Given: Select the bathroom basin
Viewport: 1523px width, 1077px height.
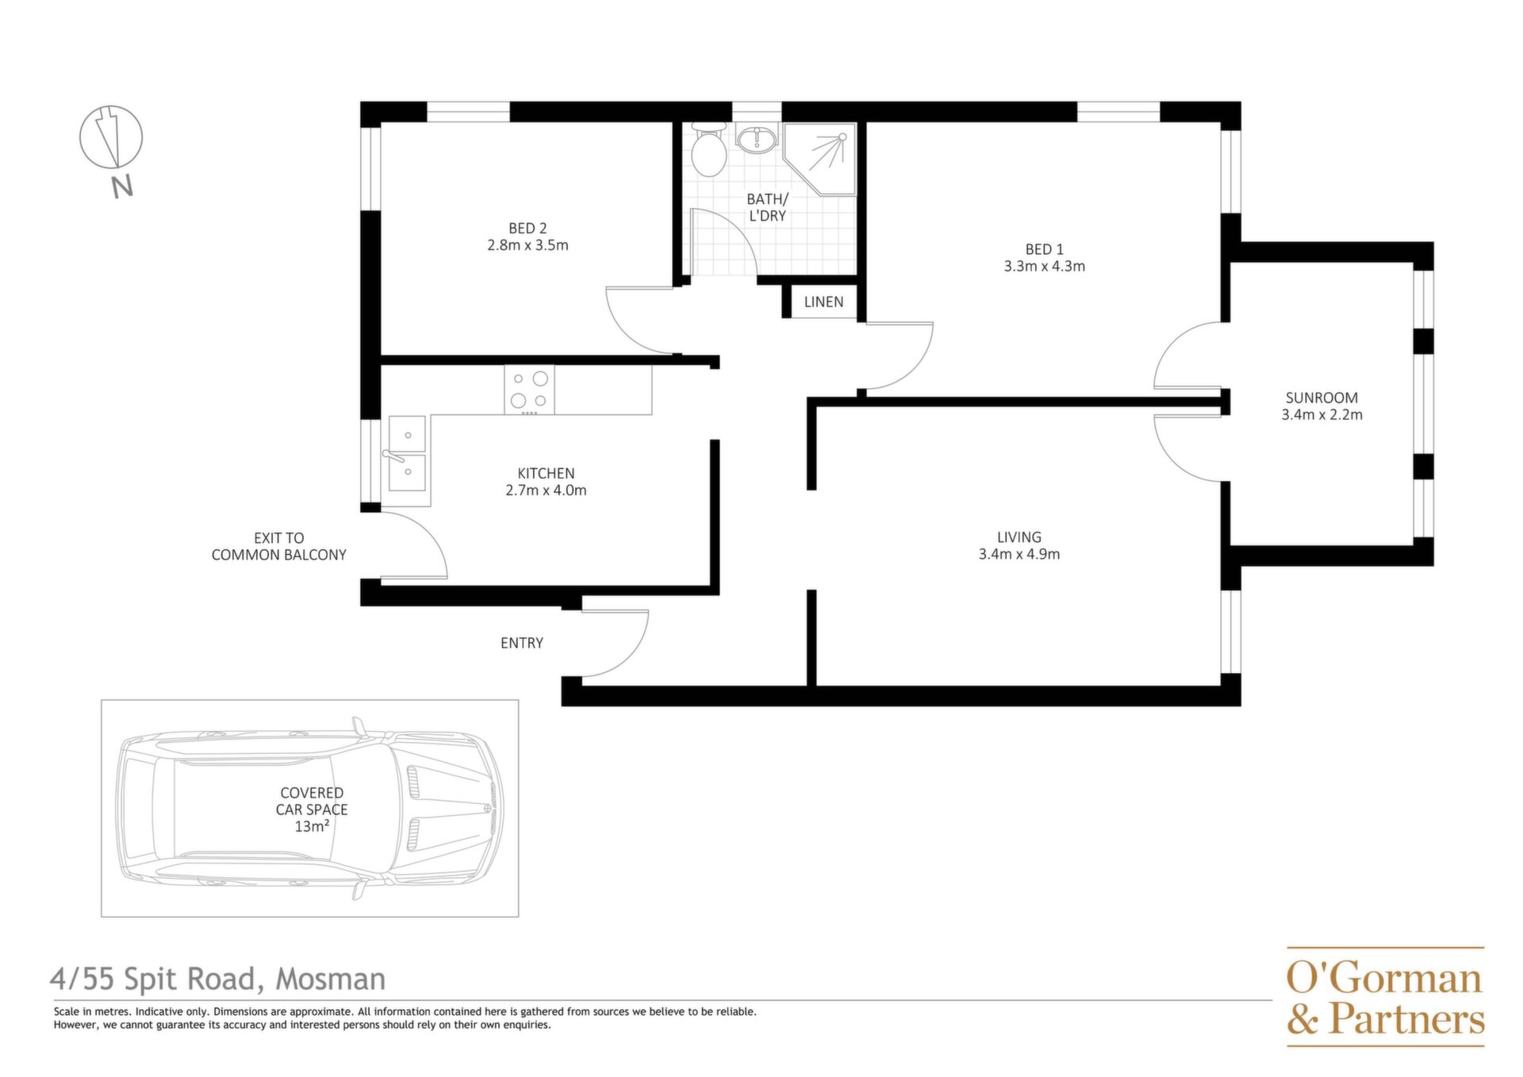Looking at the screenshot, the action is point(757,140).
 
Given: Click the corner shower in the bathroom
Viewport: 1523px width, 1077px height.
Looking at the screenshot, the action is point(821,159).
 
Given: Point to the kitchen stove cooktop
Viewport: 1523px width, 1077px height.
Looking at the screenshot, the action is point(529,390).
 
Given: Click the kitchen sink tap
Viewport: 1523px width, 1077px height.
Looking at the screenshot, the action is point(393,456).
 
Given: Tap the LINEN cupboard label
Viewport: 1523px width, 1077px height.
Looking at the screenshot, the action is point(823,302).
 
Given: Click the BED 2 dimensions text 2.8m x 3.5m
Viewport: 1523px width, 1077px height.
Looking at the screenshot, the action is point(527,245).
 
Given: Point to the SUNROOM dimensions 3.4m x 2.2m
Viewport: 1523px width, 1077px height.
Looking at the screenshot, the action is point(1322,414).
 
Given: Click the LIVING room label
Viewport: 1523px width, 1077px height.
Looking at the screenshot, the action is point(1019,537).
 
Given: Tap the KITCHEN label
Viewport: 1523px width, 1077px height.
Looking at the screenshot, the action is point(546,473).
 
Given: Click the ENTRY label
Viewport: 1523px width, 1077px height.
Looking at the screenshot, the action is point(522,643).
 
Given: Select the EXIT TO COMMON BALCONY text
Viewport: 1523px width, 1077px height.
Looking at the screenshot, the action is point(279,546).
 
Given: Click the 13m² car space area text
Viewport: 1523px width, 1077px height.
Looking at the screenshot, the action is point(312,826).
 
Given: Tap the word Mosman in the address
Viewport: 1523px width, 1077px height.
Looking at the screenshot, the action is point(330,979).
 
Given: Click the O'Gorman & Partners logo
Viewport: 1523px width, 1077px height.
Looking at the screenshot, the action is point(1385,997).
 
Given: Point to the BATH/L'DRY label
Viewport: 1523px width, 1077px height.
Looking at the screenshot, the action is point(767,207).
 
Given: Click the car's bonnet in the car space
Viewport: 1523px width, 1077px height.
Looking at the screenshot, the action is point(444,809).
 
